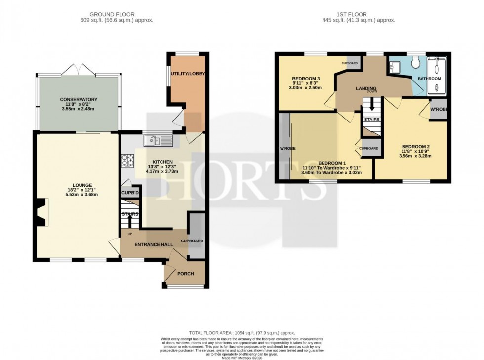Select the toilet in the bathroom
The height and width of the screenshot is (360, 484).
click(415, 63)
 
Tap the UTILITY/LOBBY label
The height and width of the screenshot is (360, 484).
click(188, 74)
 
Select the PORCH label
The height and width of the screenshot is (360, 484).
click(186, 274)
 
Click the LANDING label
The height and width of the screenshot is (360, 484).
click(367, 88)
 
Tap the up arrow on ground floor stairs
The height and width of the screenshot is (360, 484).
click(130, 219)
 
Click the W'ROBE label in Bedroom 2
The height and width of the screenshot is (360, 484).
click(439, 109)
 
